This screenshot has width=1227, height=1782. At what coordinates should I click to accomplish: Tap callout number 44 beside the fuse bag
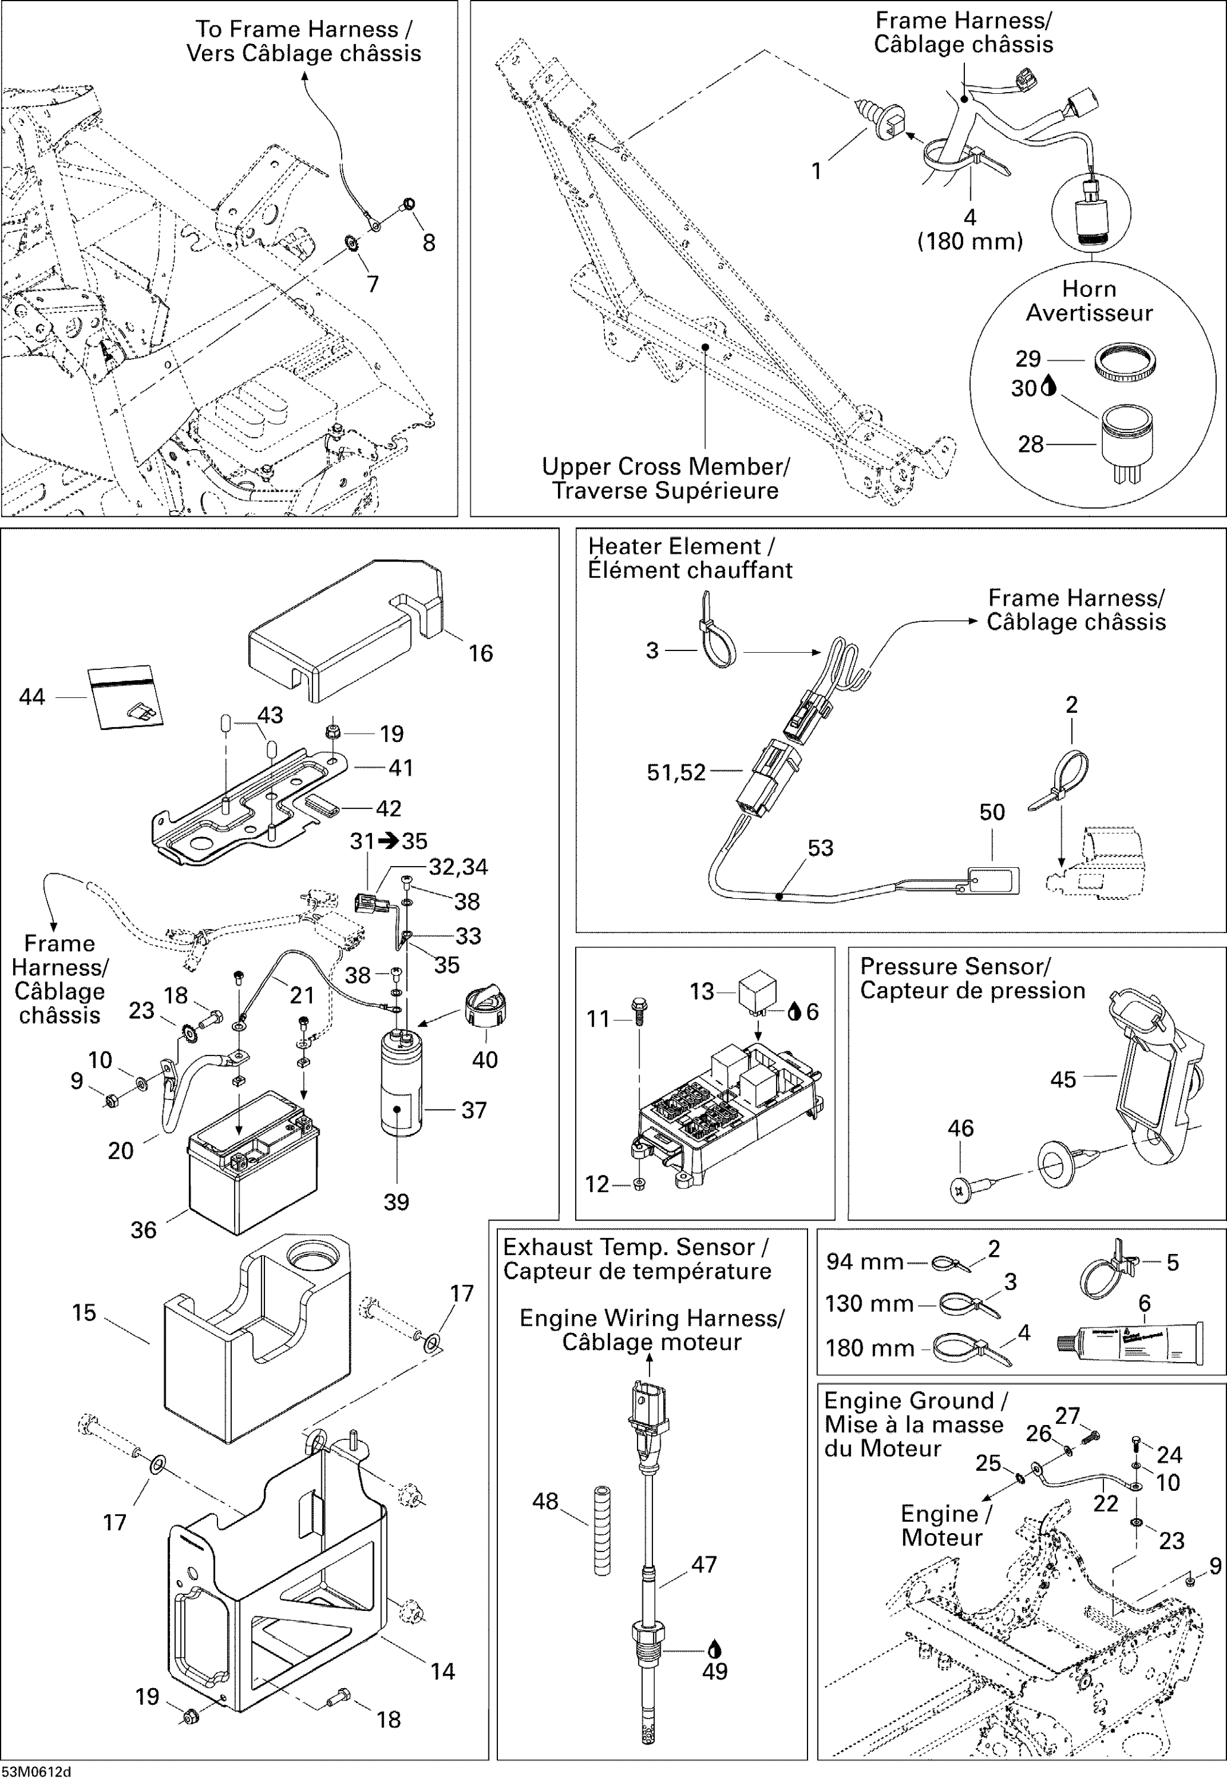(31, 697)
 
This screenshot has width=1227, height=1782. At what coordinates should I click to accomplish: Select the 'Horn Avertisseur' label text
(1089, 301)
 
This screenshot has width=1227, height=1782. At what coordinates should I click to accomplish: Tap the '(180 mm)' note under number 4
(970, 241)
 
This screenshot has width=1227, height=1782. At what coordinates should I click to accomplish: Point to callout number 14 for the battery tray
(442, 1672)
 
